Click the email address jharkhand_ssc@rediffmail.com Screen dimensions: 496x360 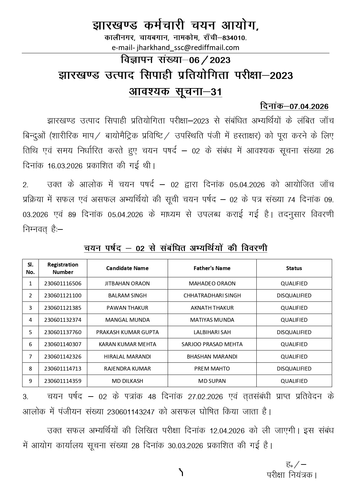coord(175,47)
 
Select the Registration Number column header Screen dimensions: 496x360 coord(63,268)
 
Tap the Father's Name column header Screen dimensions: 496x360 coord(212,268)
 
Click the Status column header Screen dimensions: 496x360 coord(294,268)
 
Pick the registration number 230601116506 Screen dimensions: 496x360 coord(63,283)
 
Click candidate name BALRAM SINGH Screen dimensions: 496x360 coord(127,295)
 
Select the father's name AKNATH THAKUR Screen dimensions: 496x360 coord(212,308)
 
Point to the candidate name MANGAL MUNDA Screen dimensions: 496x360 coord(127,320)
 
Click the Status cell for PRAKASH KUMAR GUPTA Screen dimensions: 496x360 coord(294,332)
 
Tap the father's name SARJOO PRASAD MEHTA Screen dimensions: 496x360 coord(212,344)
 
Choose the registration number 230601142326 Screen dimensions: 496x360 coord(63,357)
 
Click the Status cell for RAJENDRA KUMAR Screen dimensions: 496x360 coord(294,369)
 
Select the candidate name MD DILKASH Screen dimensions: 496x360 coord(127,381)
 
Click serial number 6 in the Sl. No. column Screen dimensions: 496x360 coord(31,344)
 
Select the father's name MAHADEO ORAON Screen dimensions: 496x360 coord(212,283)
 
